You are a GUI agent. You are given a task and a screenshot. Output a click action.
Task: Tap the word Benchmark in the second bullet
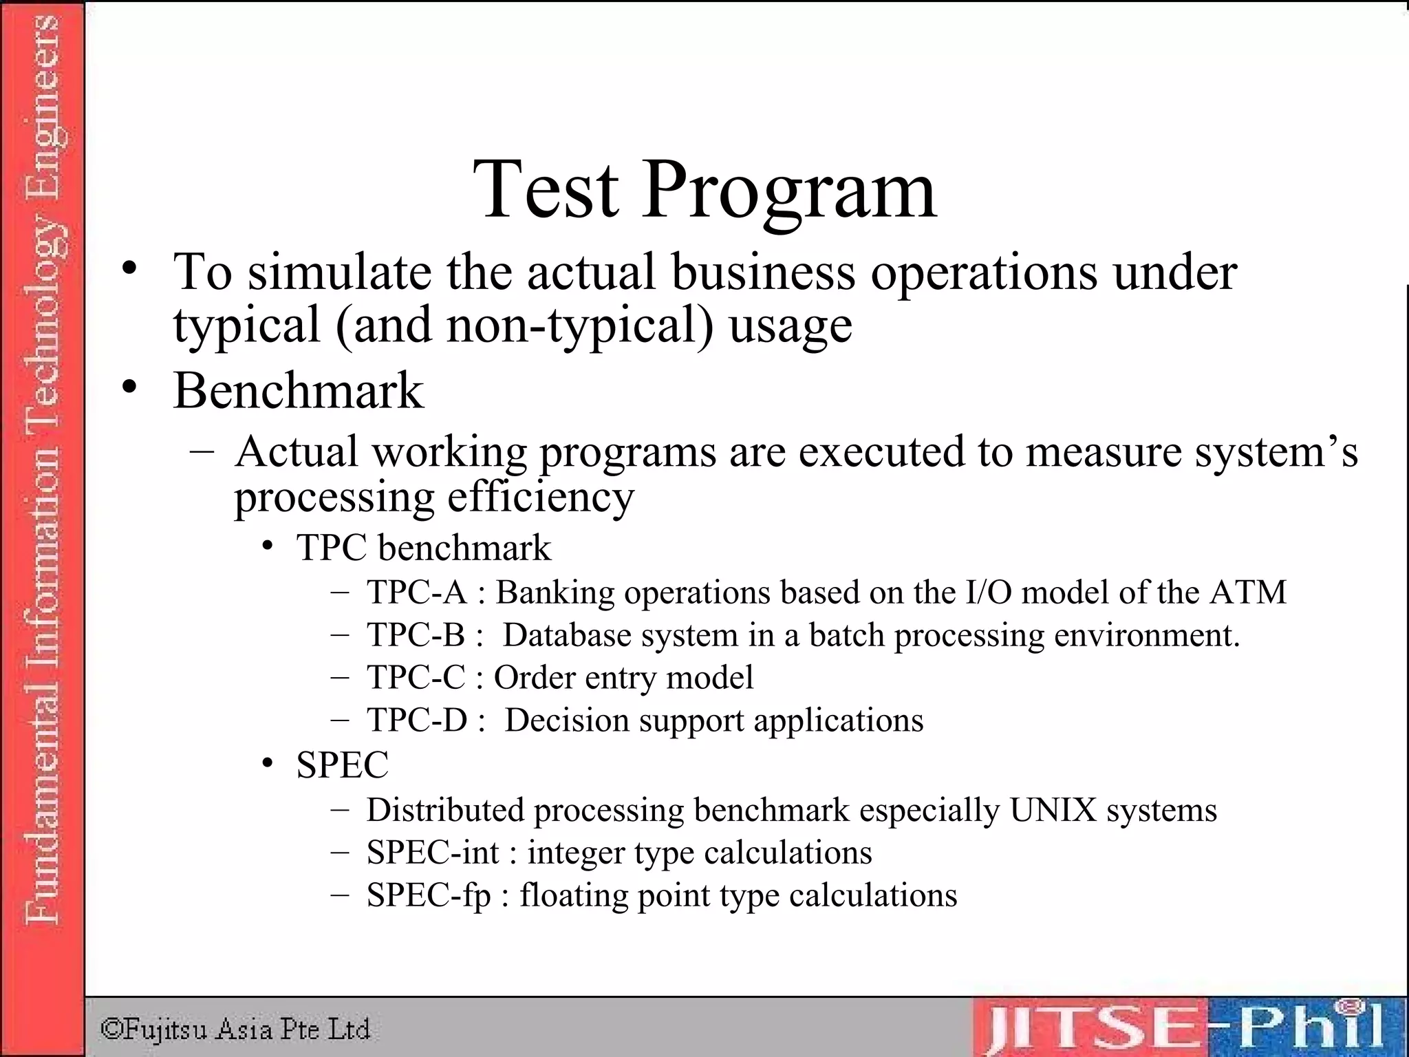[x=298, y=391]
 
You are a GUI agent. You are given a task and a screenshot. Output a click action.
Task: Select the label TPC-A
[x=417, y=592]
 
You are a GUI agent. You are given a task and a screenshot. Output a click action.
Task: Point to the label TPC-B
[x=416, y=635]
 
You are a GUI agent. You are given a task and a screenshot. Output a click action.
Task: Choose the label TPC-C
[x=416, y=678]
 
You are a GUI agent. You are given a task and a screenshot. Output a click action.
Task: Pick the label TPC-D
[x=417, y=720]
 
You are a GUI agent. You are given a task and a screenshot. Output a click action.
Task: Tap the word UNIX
[x=1053, y=810]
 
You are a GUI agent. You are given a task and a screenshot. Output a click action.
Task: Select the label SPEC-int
[x=433, y=853]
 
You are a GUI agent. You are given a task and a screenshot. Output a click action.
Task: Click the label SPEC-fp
[x=429, y=895]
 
